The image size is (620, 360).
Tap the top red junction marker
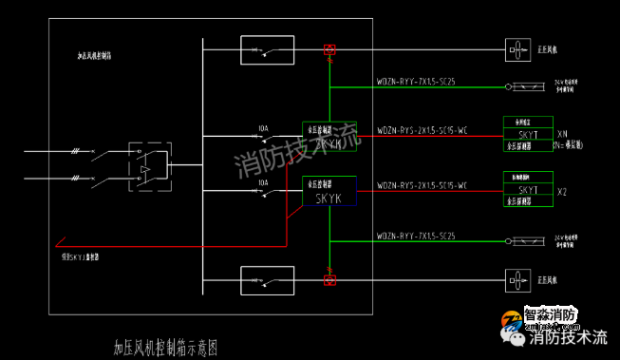pyautogui.click(x=329, y=48)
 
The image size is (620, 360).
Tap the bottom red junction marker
pyautogui.click(x=329, y=279)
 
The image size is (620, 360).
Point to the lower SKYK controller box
pyautogui.click(x=329, y=192)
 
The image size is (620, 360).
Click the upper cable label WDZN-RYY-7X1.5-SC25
pyautogui.click(x=416, y=82)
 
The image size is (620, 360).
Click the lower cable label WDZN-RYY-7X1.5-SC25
pyautogui.click(x=416, y=235)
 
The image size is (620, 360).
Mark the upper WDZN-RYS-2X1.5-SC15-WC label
pyautogui.click(x=422, y=129)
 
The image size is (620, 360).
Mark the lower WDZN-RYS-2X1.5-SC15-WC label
pyautogui.click(x=422, y=185)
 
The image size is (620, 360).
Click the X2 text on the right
pyautogui.click(x=562, y=191)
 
